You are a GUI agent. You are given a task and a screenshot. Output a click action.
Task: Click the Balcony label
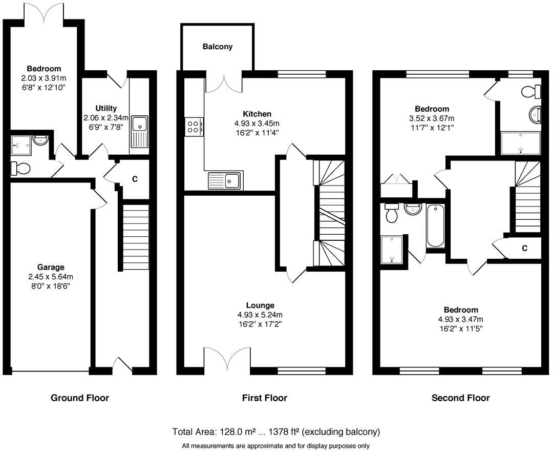pos(218,47)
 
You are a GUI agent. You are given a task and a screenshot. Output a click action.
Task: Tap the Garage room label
pos(51,267)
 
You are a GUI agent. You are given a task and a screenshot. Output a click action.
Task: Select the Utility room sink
pos(139,132)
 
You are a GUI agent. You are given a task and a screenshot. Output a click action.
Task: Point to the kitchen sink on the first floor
pos(225,180)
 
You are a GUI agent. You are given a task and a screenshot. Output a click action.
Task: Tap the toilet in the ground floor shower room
pos(21,168)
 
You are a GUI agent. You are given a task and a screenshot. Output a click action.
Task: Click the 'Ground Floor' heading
pos(80,398)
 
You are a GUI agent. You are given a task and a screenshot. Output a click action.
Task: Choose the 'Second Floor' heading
pos(460,398)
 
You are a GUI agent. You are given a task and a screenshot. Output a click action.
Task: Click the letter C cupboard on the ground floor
pos(135,179)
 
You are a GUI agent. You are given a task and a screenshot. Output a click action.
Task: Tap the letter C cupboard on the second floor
pos(524,249)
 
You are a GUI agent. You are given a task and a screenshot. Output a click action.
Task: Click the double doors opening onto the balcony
pos(224,84)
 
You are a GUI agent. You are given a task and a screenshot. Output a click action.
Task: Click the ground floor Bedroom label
pos(44,69)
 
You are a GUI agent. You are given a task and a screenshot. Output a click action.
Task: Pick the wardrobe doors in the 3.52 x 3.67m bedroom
pos(397,179)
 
